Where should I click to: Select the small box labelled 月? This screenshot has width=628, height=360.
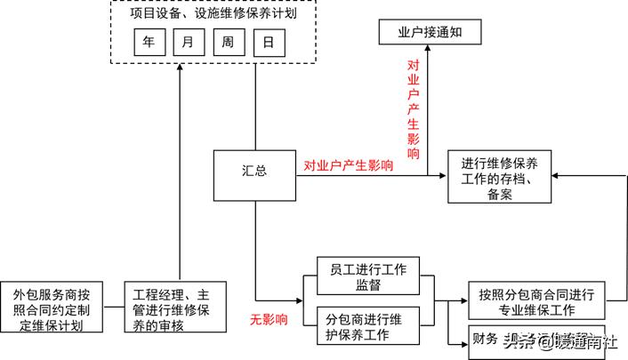click(x=188, y=42)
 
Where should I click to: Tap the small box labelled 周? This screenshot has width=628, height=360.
click(x=228, y=42)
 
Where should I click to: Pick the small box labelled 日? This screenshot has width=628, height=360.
click(x=268, y=42)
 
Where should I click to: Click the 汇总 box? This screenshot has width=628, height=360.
click(x=254, y=174)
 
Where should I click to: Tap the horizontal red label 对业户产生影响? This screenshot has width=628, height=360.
click(x=349, y=165)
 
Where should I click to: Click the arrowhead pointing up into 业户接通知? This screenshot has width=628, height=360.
click(x=428, y=51)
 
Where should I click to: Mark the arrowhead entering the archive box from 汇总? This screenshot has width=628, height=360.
click(x=442, y=174)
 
